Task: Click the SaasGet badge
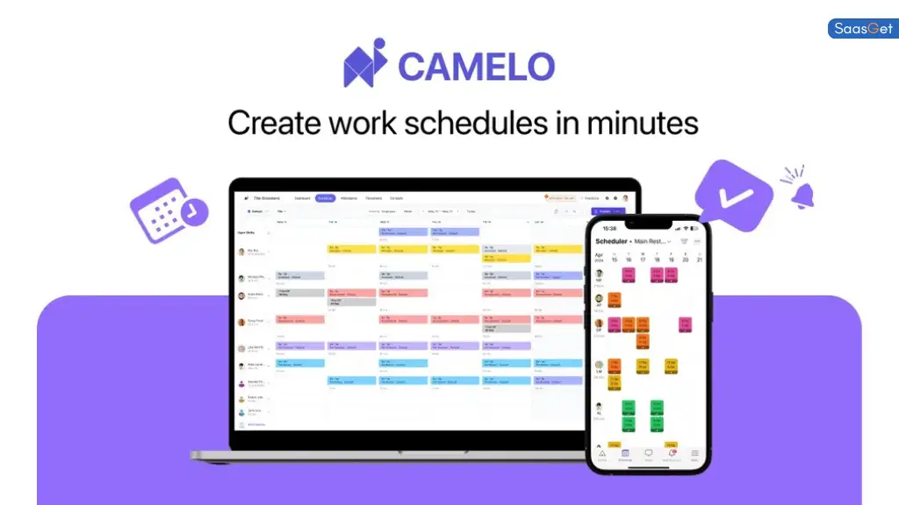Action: click(x=863, y=29)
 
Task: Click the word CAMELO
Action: click(x=476, y=67)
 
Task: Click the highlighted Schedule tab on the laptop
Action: click(x=326, y=198)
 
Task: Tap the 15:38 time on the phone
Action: click(x=608, y=227)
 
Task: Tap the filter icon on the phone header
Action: click(x=685, y=241)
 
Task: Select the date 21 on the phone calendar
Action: click(x=699, y=260)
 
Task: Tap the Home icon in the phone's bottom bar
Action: click(x=602, y=454)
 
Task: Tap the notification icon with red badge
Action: click(x=672, y=454)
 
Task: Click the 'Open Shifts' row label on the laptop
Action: click(x=247, y=232)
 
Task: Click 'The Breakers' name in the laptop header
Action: click(x=266, y=198)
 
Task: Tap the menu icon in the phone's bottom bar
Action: click(x=694, y=454)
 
